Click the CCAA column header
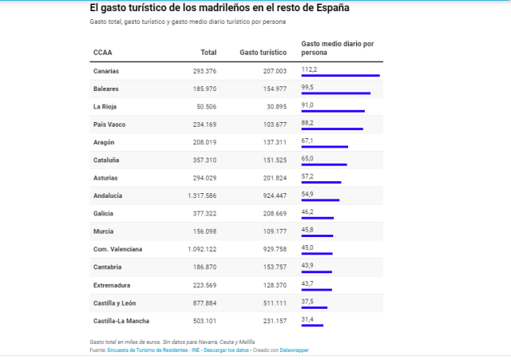[x=102, y=53]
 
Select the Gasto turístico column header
[x=263, y=53]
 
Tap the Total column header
[x=208, y=53]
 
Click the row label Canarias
[x=106, y=71]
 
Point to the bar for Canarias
[x=340, y=75]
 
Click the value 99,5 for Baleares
[x=307, y=87]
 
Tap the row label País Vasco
[x=110, y=125]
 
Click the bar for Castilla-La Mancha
[x=312, y=326]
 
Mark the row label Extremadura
[x=112, y=285]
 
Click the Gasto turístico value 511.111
[x=270, y=303]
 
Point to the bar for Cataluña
[x=324, y=164]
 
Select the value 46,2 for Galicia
[x=307, y=212]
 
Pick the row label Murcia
[x=104, y=231]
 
